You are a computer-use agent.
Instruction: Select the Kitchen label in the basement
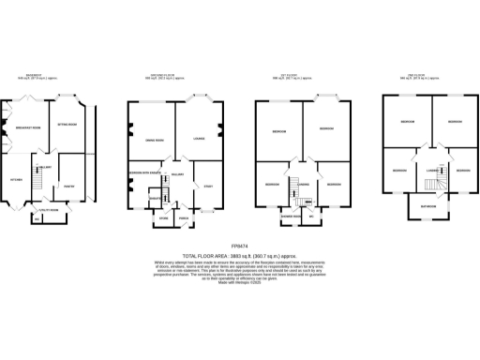tap(16, 177)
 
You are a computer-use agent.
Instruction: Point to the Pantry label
tap(69, 186)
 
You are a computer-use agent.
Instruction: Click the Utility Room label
tap(35, 210)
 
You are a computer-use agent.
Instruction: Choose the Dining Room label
tap(152, 140)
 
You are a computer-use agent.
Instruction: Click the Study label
tap(209, 188)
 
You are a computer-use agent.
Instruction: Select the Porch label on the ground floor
tap(184, 218)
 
